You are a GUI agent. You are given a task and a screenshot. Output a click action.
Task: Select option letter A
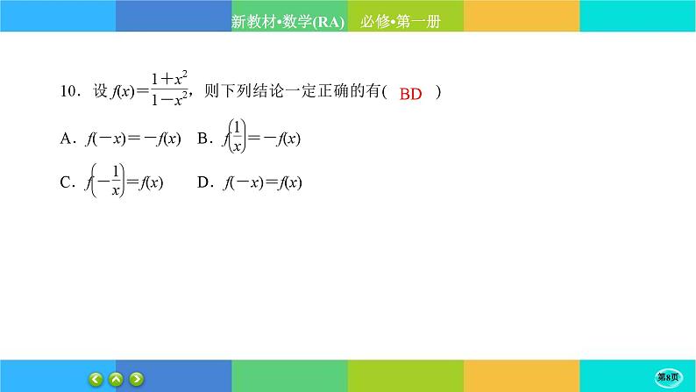tap(66, 139)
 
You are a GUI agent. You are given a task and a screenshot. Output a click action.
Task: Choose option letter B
tap(202, 139)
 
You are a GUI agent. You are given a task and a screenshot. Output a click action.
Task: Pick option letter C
tap(66, 182)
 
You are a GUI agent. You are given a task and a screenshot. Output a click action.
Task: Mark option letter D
tap(203, 182)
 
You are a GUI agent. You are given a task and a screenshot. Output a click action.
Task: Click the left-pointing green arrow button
tap(96, 379)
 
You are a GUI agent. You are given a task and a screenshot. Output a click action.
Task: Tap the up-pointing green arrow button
tap(116, 379)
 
